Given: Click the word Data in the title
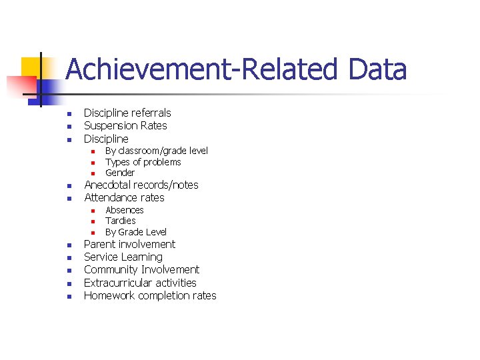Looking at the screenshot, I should [x=377, y=70].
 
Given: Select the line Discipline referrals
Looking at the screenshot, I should [x=127, y=113].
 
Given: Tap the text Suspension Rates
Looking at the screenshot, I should [x=125, y=125].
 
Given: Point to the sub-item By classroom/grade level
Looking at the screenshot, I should [x=157, y=151].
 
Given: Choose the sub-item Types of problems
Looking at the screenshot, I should [x=143, y=162].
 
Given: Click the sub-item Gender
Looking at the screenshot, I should [x=120, y=173].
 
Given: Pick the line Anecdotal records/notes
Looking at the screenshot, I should [x=141, y=185].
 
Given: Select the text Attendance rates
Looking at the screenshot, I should [x=124, y=197].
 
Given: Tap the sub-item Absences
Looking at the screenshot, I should [x=125, y=210].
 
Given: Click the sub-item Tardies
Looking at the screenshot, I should [x=121, y=221].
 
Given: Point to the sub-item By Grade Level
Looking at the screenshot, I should [x=136, y=232].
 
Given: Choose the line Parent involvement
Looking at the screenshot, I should [x=129, y=244].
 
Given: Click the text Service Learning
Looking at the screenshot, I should [x=123, y=257].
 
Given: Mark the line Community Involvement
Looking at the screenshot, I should [x=141, y=269].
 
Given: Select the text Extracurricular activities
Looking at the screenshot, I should [x=140, y=283].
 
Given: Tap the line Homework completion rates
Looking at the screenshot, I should [x=150, y=295].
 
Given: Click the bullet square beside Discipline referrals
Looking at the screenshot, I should [x=69, y=114].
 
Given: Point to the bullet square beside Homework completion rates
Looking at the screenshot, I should [x=69, y=297].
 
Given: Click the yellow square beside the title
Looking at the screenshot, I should [x=29, y=67].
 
